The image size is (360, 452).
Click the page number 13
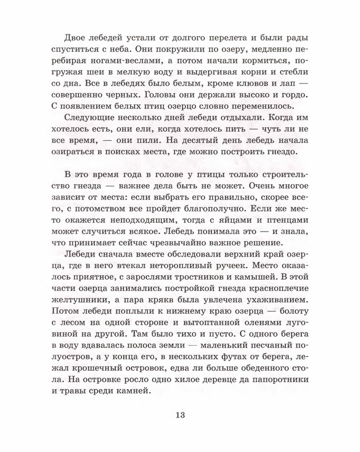(x=180, y=418)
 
